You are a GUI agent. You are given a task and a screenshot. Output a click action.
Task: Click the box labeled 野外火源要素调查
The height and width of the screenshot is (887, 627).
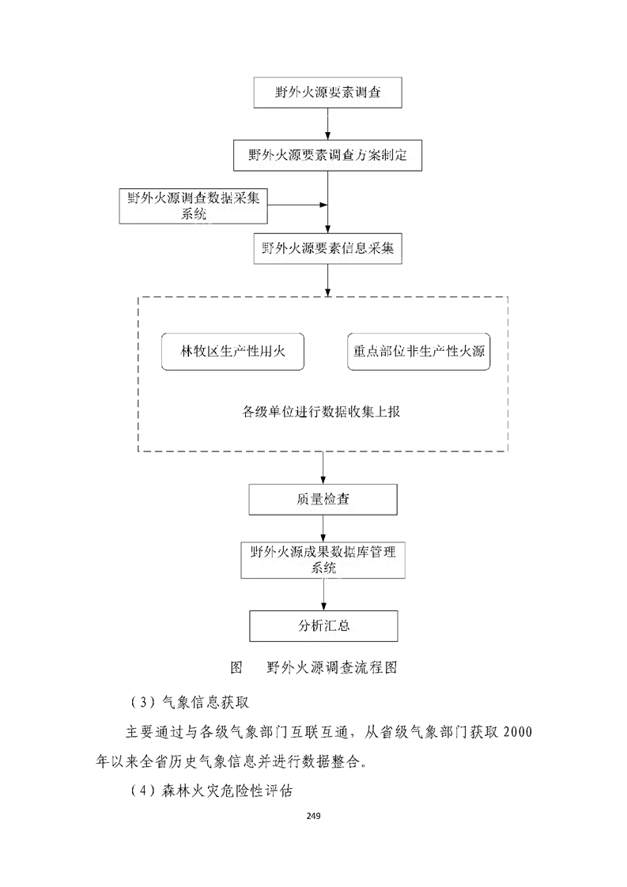pyautogui.click(x=327, y=93)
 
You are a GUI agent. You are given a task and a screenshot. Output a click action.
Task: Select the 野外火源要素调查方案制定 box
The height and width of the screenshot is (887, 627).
pyautogui.click(x=327, y=155)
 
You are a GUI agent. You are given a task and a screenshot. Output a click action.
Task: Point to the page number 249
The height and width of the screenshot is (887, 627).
pyautogui.click(x=314, y=814)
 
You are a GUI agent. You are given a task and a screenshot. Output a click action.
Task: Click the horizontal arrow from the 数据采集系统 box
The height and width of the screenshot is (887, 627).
pyautogui.click(x=297, y=206)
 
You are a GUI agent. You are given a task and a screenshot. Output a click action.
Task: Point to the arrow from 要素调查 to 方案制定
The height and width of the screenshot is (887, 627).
pyautogui.click(x=327, y=124)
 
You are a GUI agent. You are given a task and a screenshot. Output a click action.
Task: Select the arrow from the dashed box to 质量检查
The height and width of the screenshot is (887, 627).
pyautogui.click(x=323, y=467)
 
